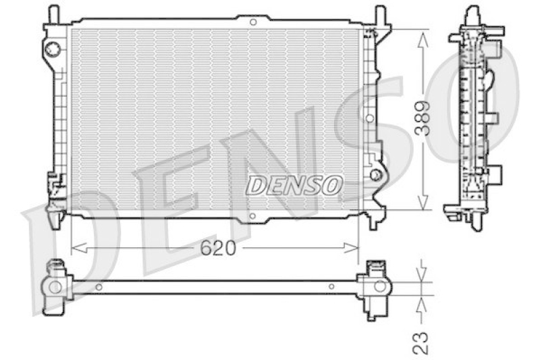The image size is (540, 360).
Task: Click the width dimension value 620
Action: pos(219,249)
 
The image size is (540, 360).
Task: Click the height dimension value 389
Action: pos(423,120)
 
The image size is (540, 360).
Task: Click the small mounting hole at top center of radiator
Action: pos(252,22)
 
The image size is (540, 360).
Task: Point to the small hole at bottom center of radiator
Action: pos(252,217)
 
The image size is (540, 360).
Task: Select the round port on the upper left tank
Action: pos(53,48)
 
